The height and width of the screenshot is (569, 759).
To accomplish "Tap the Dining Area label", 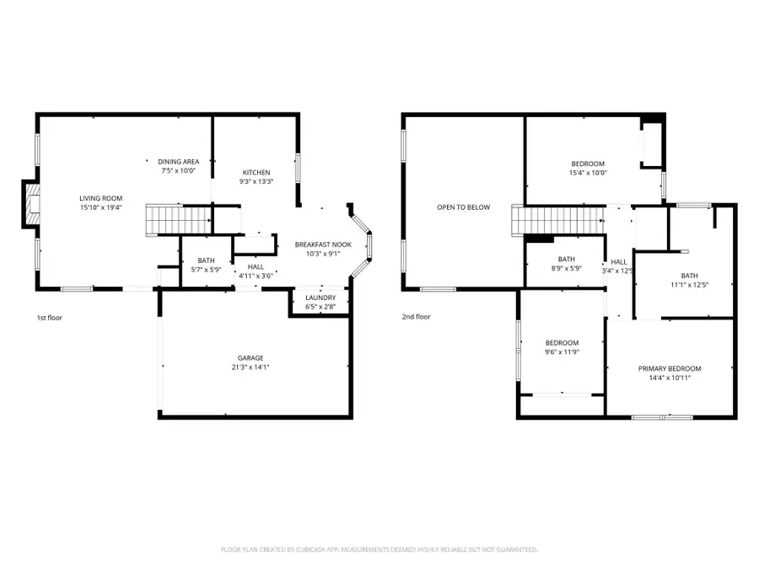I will (178, 161).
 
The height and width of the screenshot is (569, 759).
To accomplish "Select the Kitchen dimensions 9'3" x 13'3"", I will (256, 181).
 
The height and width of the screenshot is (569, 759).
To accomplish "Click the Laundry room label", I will (320, 298).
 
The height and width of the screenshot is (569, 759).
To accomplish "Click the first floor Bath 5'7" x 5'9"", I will (207, 265).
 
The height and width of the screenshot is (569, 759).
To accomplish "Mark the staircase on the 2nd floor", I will (557, 223).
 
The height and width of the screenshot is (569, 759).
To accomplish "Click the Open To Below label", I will (463, 207).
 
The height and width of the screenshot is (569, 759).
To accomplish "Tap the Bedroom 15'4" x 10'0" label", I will (588, 168).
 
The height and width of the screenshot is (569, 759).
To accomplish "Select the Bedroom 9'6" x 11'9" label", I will (562, 347).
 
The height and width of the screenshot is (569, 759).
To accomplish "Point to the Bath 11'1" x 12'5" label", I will (690, 279).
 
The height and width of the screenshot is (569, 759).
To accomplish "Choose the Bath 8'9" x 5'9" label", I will (566, 264).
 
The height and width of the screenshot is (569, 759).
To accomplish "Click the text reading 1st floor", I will (50, 318).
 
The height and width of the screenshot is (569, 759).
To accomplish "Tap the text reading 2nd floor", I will (417, 317).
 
